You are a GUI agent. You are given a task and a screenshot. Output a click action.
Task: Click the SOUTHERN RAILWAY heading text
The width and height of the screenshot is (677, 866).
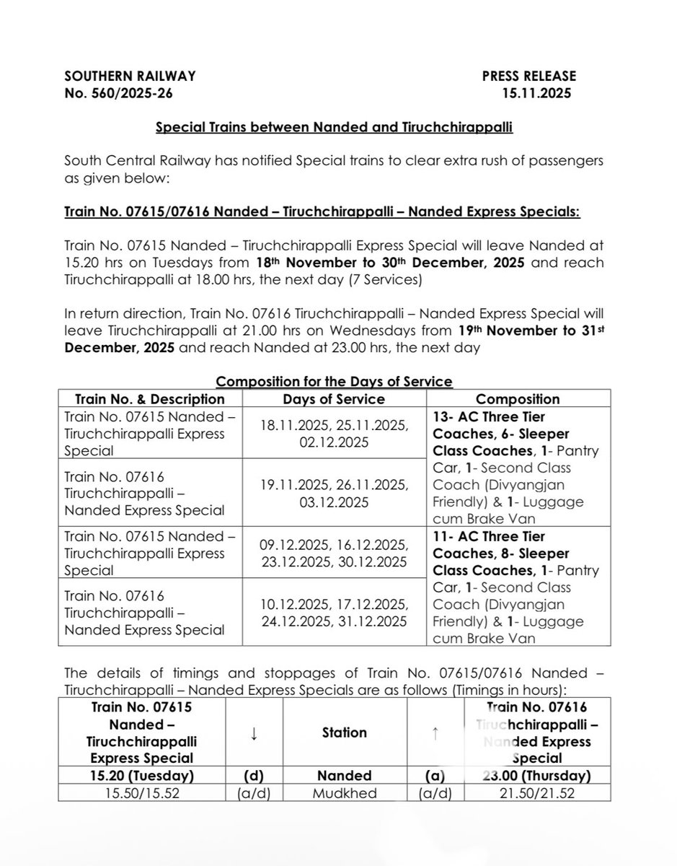click(x=130, y=75)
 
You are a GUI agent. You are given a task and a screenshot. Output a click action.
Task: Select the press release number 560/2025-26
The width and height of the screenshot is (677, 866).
click(x=118, y=92)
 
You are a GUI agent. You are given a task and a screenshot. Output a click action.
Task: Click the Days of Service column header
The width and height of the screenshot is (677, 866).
click(x=335, y=398)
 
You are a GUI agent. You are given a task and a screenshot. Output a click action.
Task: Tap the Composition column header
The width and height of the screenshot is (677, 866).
click(x=518, y=398)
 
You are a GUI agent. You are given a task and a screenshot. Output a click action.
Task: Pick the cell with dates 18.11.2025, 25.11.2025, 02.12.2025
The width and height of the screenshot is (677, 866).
click(x=335, y=434)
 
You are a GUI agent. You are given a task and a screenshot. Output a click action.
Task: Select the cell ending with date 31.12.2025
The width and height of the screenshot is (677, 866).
click(x=335, y=613)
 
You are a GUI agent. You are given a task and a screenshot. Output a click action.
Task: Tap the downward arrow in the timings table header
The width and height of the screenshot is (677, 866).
click(x=254, y=732)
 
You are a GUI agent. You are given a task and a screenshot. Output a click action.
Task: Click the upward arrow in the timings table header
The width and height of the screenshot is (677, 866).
click(x=435, y=732)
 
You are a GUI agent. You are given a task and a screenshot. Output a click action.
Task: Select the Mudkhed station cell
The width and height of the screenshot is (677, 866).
click(x=345, y=793)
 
